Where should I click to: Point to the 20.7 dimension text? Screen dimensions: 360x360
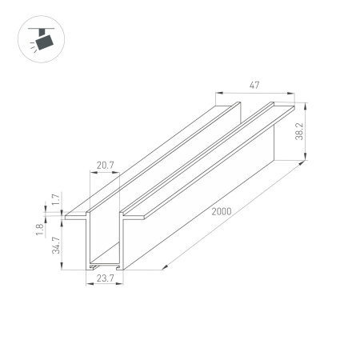(106, 166)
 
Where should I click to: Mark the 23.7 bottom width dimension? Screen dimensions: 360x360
(106, 279)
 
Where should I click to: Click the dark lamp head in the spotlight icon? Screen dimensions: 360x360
(43, 38)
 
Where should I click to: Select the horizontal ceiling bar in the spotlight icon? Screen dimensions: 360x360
(35, 26)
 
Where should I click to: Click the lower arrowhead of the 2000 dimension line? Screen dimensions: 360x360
(165, 266)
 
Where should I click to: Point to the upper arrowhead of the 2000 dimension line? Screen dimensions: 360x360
(306, 162)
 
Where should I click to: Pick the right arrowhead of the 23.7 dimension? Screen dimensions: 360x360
(122, 272)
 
